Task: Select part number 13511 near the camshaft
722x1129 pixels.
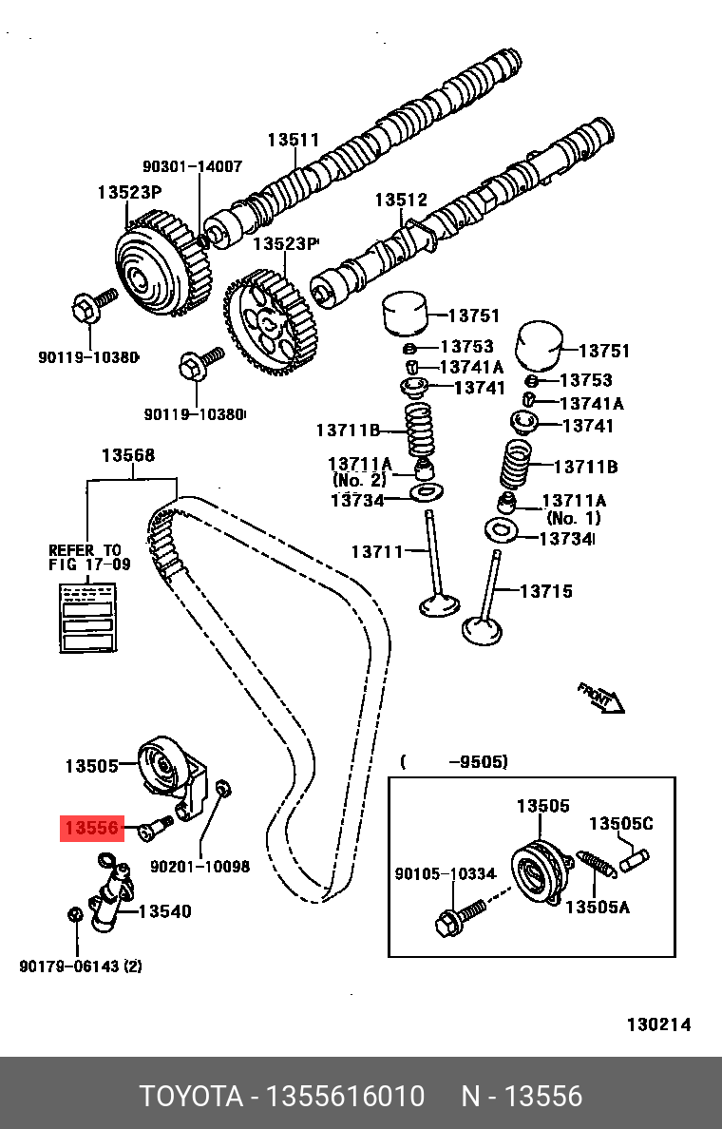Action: pyautogui.click(x=293, y=141)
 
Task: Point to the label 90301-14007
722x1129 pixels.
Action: pyautogui.click(x=192, y=166)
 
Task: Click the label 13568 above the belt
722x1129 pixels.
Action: pyautogui.click(x=127, y=456)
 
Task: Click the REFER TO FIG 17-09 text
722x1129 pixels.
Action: pyautogui.click(x=85, y=557)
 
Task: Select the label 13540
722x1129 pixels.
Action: pyautogui.click(x=164, y=911)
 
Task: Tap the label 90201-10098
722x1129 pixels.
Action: pyautogui.click(x=199, y=867)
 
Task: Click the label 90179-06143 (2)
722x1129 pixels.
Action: pyautogui.click(x=81, y=966)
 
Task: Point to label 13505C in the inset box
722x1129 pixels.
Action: pyautogui.click(x=620, y=823)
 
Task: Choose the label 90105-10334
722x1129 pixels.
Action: pyautogui.click(x=446, y=873)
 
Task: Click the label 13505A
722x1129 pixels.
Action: pyautogui.click(x=598, y=908)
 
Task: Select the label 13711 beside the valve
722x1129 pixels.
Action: pyautogui.click(x=377, y=551)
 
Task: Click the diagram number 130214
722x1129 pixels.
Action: pyautogui.click(x=658, y=1024)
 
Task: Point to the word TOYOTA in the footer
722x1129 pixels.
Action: pyautogui.click(x=190, y=1097)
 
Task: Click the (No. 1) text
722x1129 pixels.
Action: pyautogui.click(x=574, y=519)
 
